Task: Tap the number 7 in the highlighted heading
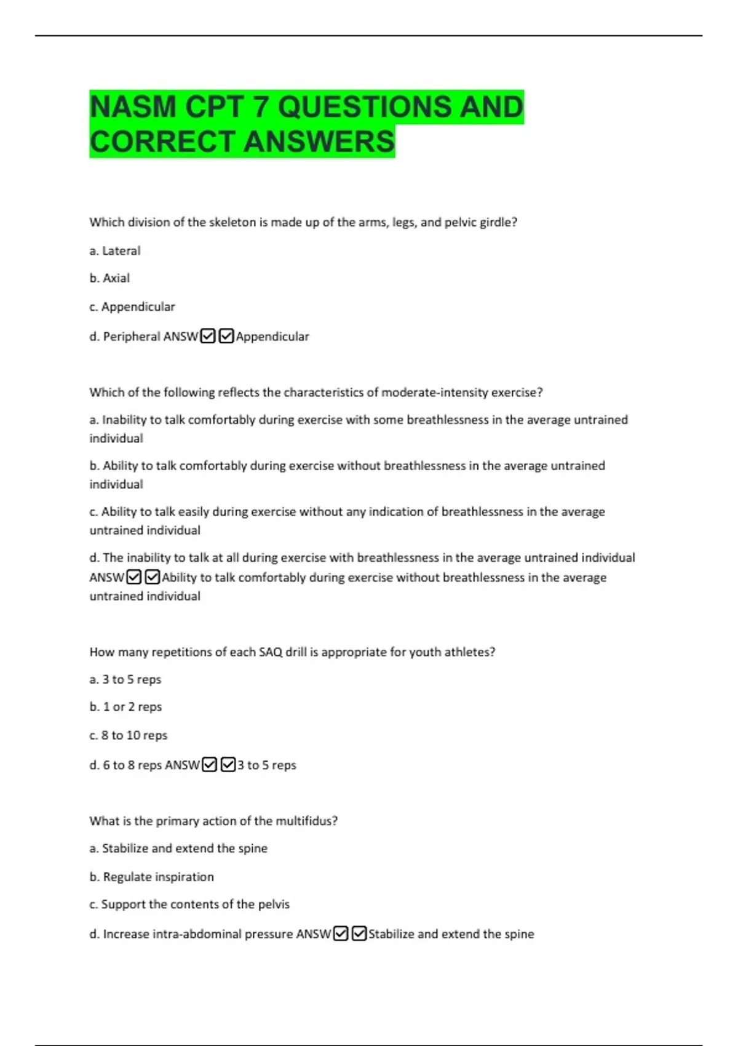pos(261,107)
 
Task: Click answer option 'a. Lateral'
pos(115,251)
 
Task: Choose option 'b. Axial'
pos(109,278)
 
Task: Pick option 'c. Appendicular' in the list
pos(132,306)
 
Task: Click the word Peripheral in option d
pos(127,337)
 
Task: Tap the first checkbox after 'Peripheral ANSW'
pos(208,336)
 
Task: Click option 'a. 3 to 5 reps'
pos(125,679)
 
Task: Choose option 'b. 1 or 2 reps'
pos(125,707)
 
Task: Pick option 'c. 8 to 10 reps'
pos(128,735)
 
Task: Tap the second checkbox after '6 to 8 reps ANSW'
pos(228,765)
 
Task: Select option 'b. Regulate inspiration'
pos(152,877)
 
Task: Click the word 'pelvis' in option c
pos(273,904)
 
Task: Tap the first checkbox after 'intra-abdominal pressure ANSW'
pos(341,933)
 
